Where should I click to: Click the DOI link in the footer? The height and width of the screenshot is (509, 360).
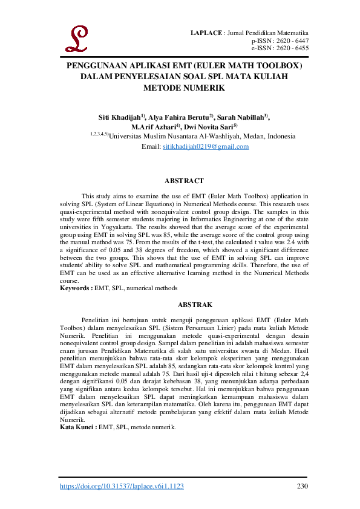(121, 486)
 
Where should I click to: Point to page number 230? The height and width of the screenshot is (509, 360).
(303, 486)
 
